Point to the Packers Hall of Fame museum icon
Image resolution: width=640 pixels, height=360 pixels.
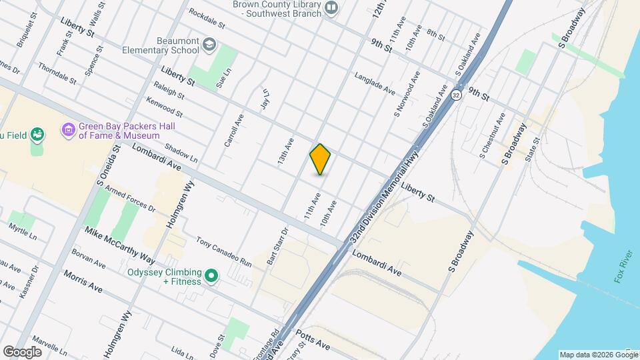[68, 129]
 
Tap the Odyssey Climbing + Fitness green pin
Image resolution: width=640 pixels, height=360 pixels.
[211, 275]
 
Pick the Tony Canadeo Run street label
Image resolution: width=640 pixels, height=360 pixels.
[224, 252]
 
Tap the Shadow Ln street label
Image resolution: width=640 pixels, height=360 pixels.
[181, 154]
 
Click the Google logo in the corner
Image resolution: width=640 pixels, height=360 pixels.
[21, 351]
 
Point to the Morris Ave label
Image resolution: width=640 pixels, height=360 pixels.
[83, 281]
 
